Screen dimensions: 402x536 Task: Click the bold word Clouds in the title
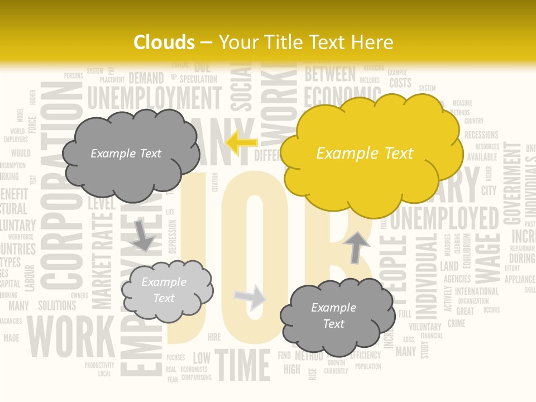164,42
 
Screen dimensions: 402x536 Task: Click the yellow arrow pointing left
242,143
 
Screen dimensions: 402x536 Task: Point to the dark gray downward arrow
143,235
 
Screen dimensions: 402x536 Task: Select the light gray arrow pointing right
250,297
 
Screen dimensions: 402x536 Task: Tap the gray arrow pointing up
357,246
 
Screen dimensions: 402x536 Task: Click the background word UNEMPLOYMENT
154,98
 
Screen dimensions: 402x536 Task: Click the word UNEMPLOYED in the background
444,218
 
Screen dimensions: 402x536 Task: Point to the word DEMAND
146,78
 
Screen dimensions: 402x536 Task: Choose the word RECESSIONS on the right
481,135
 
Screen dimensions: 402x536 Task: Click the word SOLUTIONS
57,305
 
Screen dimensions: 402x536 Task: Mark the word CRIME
456,323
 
